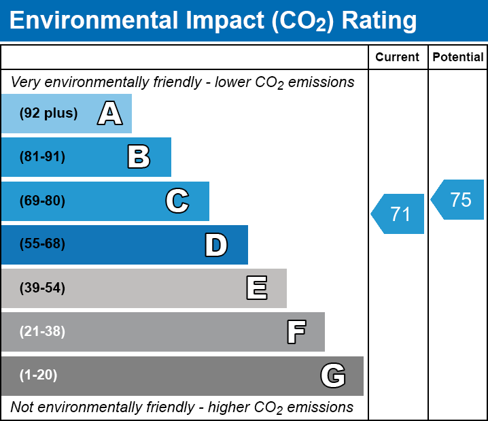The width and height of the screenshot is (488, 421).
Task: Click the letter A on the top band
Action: [109, 114]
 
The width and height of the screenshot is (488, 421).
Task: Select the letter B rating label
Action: [139, 157]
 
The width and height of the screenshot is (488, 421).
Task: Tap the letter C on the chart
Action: [177, 201]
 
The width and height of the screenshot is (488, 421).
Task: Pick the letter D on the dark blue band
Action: [216, 245]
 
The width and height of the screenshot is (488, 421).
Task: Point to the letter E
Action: [256, 288]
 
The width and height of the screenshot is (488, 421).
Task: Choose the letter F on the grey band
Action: [296, 332]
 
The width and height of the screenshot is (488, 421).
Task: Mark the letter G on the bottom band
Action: [333, 375]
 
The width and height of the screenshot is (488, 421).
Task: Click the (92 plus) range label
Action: [48, 114]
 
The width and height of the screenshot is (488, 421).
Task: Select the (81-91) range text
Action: [42, 157]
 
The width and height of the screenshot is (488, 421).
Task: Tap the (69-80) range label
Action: [42, 201]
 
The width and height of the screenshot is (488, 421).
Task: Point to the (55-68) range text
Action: [42, 244]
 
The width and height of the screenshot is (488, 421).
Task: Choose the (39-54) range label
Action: [42, 288]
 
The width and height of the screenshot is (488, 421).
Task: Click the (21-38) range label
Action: [42, 332]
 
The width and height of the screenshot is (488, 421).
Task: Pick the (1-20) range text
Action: [38, 375]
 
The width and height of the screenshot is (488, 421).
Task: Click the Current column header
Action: [398, 58]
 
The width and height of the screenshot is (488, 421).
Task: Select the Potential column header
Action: [458, 58]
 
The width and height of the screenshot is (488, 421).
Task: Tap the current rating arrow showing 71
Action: [399, 214]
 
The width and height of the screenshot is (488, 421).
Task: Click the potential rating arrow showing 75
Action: [459, 200]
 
